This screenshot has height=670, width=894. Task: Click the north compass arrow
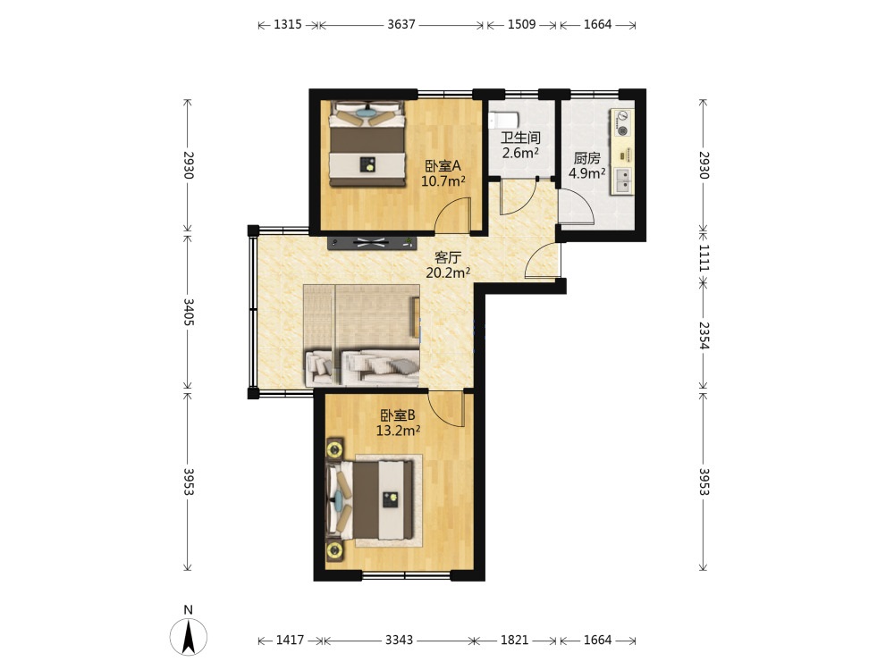(189, 636)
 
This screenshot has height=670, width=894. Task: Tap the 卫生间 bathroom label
(520, 138)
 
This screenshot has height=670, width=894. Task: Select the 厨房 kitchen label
(586, 158)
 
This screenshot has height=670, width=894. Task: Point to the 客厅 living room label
(448, 257)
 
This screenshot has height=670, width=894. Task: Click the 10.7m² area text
(443, 181)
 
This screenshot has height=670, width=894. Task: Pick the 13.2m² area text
(398, 431)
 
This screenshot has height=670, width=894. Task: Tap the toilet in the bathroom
(502, 121)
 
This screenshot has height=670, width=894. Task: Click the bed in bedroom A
(367, 144)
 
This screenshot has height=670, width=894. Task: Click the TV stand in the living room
(372, 242)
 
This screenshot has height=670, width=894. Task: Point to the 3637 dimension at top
(401, 24)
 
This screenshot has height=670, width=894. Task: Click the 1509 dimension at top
(522, 24)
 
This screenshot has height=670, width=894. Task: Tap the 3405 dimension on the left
(188, 312)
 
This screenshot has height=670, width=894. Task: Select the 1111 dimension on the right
(704, 257)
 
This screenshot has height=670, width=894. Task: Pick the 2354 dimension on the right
(704, 336)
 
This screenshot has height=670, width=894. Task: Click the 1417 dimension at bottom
(290, 640)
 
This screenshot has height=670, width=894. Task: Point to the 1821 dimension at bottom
(514, 640)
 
